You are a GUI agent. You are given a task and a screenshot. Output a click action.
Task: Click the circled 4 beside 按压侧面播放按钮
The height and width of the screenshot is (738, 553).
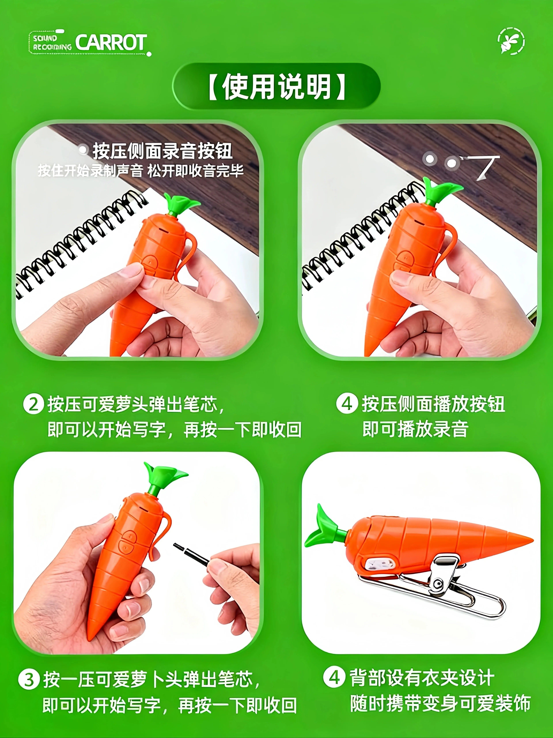347,404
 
